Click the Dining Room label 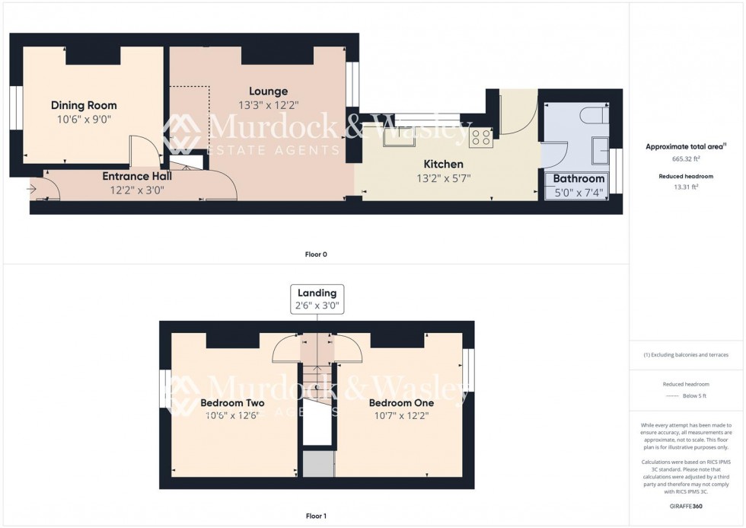(x=84, y=105)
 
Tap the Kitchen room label (x=443, y=164)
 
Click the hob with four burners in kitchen (x=481, y=137)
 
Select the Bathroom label (x=579, y=179)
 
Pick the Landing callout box (x=317, y=299)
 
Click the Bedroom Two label (x=232, y=403)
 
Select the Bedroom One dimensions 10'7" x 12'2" (x=401, y=415)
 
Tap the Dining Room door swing (x=142, y=150)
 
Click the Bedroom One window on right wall (x=469, y=370)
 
